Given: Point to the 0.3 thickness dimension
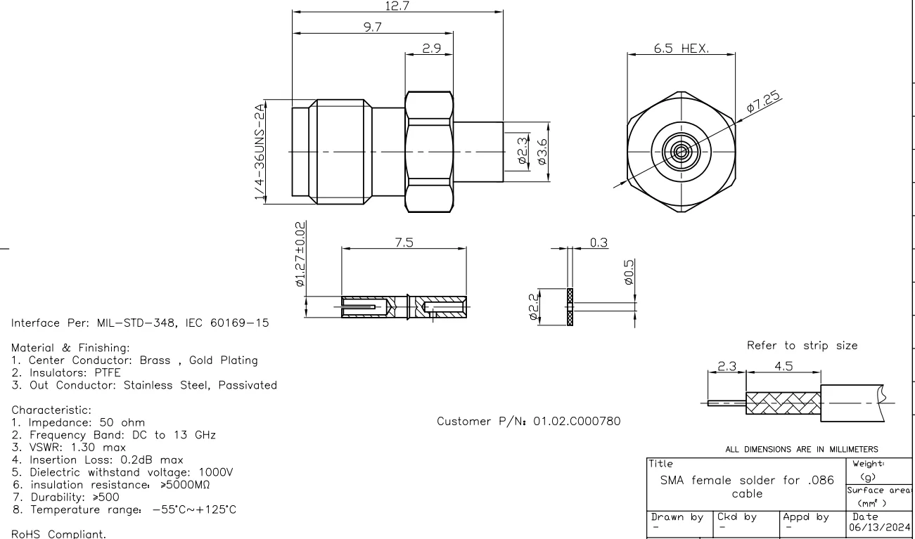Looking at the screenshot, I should [x=599, y=242].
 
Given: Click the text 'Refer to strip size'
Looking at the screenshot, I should [x=802, y=346].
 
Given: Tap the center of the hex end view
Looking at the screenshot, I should [x=680, y=151].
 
